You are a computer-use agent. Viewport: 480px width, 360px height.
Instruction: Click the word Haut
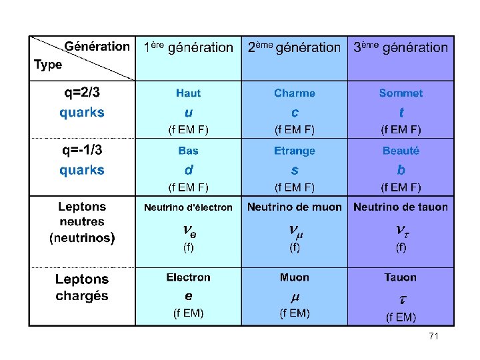pos(188,93)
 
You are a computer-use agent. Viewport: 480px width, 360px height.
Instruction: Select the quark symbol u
pos(189,111)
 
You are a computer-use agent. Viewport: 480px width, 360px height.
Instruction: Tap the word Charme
pos(295,93)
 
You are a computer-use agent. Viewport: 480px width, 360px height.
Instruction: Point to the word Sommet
pos(401,93)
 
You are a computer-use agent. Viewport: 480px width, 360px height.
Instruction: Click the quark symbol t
pos(401,112)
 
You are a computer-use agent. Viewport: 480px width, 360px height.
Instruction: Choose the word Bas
pos(188,151)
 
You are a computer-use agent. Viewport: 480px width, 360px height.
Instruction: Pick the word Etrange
pos(295,151)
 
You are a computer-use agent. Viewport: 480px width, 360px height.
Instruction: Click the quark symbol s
pos(295,169)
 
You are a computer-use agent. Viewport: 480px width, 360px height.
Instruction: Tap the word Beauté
pos(401,151)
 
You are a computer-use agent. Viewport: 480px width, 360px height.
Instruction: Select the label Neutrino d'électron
pos(189,207)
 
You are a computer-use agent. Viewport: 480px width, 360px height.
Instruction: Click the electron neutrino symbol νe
pos(189,231)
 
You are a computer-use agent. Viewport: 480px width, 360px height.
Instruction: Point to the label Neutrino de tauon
pos(401,207)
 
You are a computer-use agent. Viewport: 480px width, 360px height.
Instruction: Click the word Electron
pos(189,277)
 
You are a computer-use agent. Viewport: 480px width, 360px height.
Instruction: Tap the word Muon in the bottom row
pos(295,277)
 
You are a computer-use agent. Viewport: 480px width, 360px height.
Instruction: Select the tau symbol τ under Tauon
pos(402,299)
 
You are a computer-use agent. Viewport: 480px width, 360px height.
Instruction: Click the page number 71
pos(433,337)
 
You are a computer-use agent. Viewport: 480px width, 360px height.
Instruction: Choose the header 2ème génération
pos(294,47)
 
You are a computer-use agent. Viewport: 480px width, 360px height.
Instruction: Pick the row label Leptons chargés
pos(82,287)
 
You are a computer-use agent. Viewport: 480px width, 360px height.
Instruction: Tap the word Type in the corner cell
pos(48,65)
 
